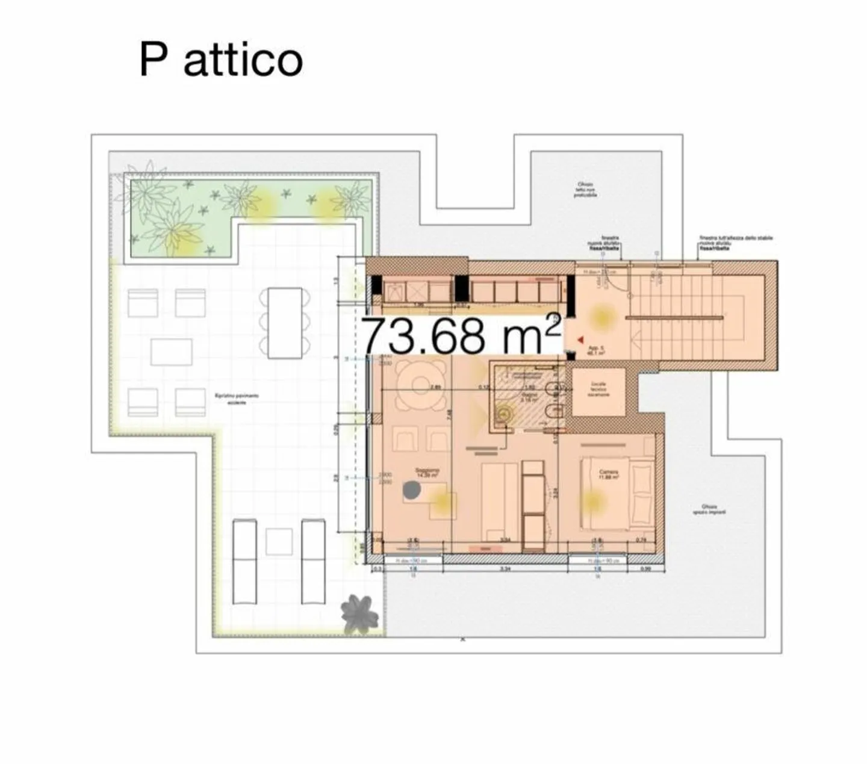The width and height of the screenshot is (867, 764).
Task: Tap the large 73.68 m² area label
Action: pos(461,335)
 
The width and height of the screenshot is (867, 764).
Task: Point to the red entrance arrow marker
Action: pos(580,340)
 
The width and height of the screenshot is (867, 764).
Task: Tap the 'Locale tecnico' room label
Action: pos(598,389)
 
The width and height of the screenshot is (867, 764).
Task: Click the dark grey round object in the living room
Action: pos(412,490)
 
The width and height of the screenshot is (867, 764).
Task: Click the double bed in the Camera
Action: pos(617,492)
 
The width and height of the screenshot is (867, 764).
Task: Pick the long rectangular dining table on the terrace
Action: pos(285,323)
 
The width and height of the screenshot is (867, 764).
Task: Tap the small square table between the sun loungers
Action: pos(279,542)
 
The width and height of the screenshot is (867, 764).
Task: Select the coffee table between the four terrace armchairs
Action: pos(172,352)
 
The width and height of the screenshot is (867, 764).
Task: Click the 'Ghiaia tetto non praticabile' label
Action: pos(585,189)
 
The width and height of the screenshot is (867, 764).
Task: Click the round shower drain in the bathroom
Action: pos(503,414)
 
